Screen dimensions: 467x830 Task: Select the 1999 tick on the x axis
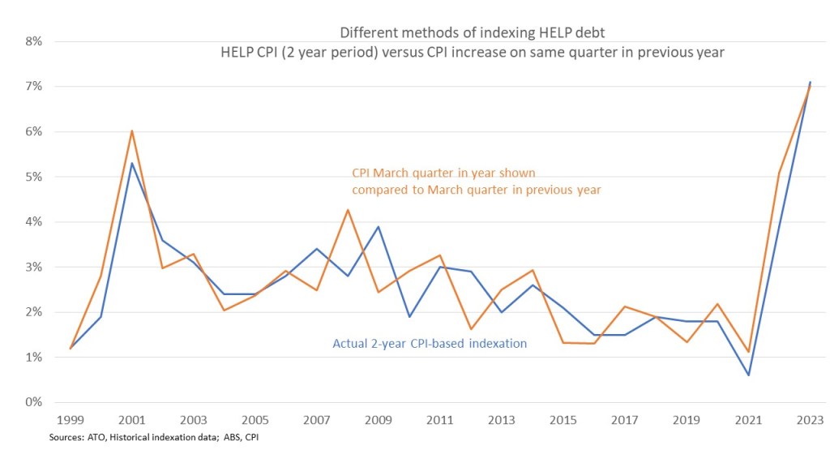pos(71,420)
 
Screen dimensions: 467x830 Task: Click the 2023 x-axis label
pos(809,420)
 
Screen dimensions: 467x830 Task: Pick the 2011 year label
pos(440,420)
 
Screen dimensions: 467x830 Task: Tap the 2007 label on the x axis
pos(317,420)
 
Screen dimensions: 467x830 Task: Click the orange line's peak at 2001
pos(132,131)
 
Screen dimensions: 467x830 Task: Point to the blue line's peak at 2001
pos(132,163)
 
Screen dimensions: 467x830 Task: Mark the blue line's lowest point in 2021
pos(748,375)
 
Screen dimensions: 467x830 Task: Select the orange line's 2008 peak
pos(348,210)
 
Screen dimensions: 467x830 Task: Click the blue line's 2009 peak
pos(379,227)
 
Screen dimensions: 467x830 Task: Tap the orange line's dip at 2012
pos(471,329)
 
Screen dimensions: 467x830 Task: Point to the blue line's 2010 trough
pos(409,316)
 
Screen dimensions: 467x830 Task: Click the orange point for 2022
pos(779,174)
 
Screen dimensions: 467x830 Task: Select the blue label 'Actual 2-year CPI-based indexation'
pos(430,344)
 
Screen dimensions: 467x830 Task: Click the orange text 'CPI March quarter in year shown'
pos(443,174)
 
